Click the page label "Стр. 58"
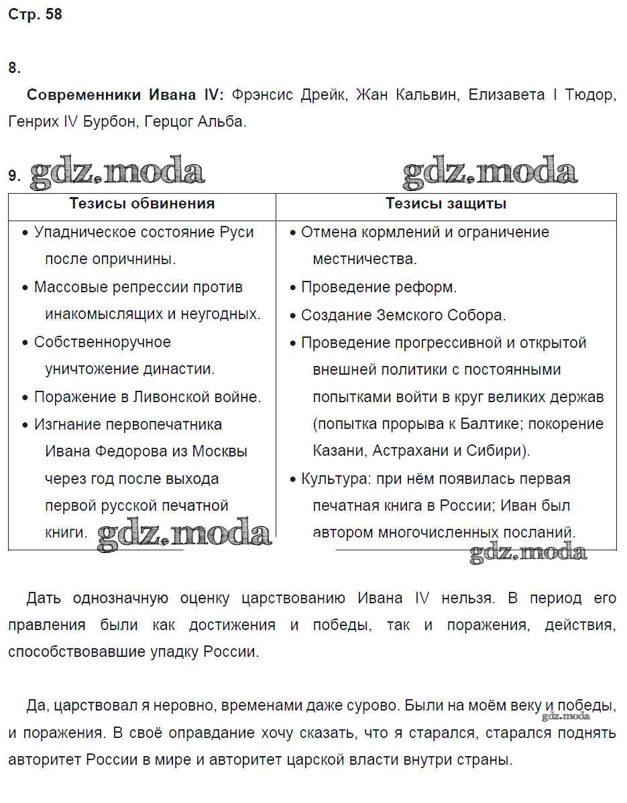[x=35, y=14]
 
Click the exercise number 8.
[x=14, y=68]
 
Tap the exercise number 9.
[x=14, y=176]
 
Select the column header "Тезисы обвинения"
[x=142, y=204]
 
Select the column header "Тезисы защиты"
[x=446, y=204]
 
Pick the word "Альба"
[x=225, y=122]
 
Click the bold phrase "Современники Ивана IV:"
[x=125, y=95]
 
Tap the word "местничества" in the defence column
[x=364, y=259]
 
